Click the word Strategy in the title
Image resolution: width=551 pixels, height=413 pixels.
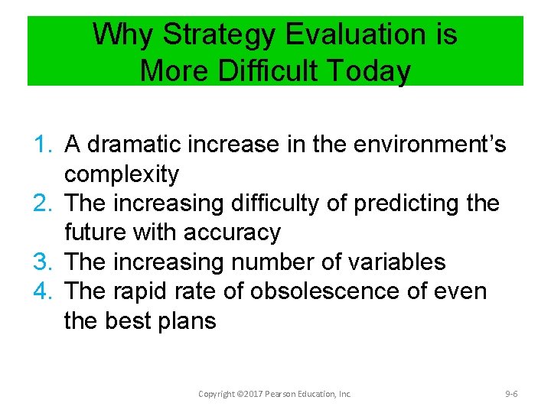[x=218, y=35]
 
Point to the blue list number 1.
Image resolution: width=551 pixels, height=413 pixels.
[x=43, y=145]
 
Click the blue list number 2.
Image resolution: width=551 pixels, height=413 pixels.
[x=43, y=203]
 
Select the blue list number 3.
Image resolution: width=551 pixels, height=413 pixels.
[x=43, y=262]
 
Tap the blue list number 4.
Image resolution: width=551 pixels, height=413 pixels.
[x=43, y=291]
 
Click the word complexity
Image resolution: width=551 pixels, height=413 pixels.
[x=122, y=174]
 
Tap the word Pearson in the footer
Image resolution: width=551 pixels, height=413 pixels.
[x=279, y=394]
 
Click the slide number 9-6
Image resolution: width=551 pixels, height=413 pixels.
[x=511, y=394]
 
